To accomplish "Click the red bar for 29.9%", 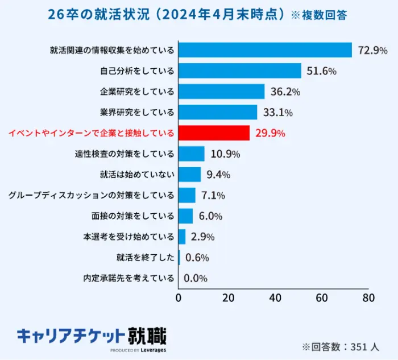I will [214, 133].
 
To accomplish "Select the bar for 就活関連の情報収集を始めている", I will [266, 50].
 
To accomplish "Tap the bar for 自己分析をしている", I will [240, 71].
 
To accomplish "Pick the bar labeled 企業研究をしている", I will [222, 92].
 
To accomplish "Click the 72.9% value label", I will [373, 51].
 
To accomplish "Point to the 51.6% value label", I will [322, 71].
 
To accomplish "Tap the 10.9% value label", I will [225, 154].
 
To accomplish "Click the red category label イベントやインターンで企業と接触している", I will [91, 134].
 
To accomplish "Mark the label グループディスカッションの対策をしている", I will [92, 196].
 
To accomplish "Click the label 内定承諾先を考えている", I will [128, 278].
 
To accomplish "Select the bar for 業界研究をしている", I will [218, 113].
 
